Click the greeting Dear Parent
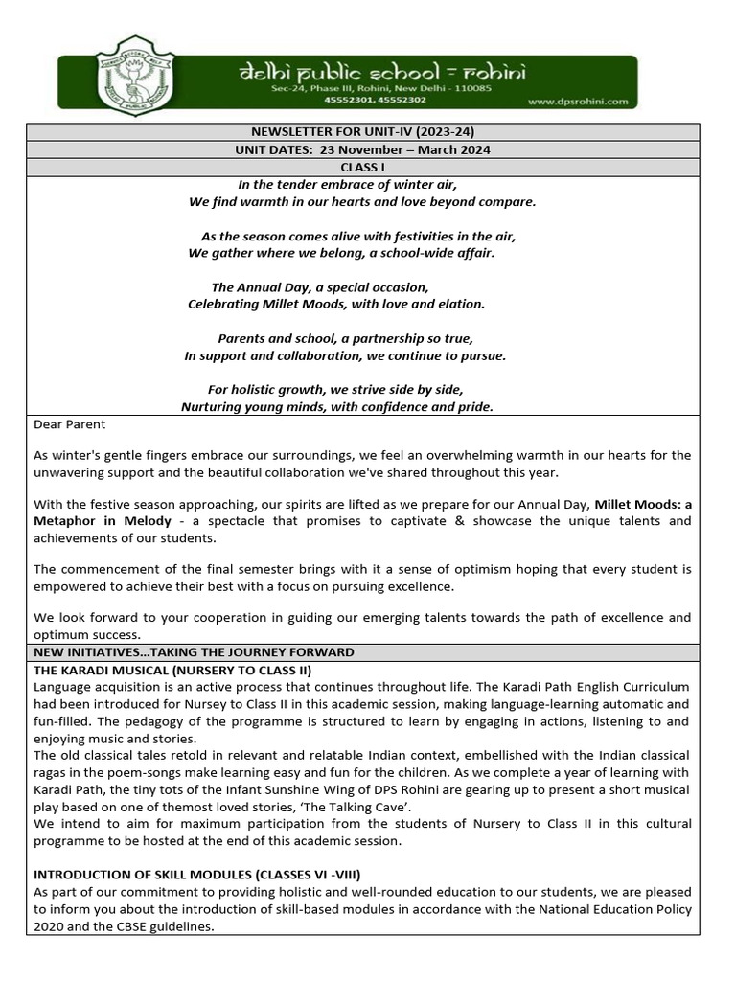70,423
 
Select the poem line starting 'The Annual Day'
319,287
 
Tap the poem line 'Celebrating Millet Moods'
335,304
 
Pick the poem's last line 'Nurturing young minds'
337,406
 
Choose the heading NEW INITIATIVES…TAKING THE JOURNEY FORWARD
194,651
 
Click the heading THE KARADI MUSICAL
172,670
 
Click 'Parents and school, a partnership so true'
345,338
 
